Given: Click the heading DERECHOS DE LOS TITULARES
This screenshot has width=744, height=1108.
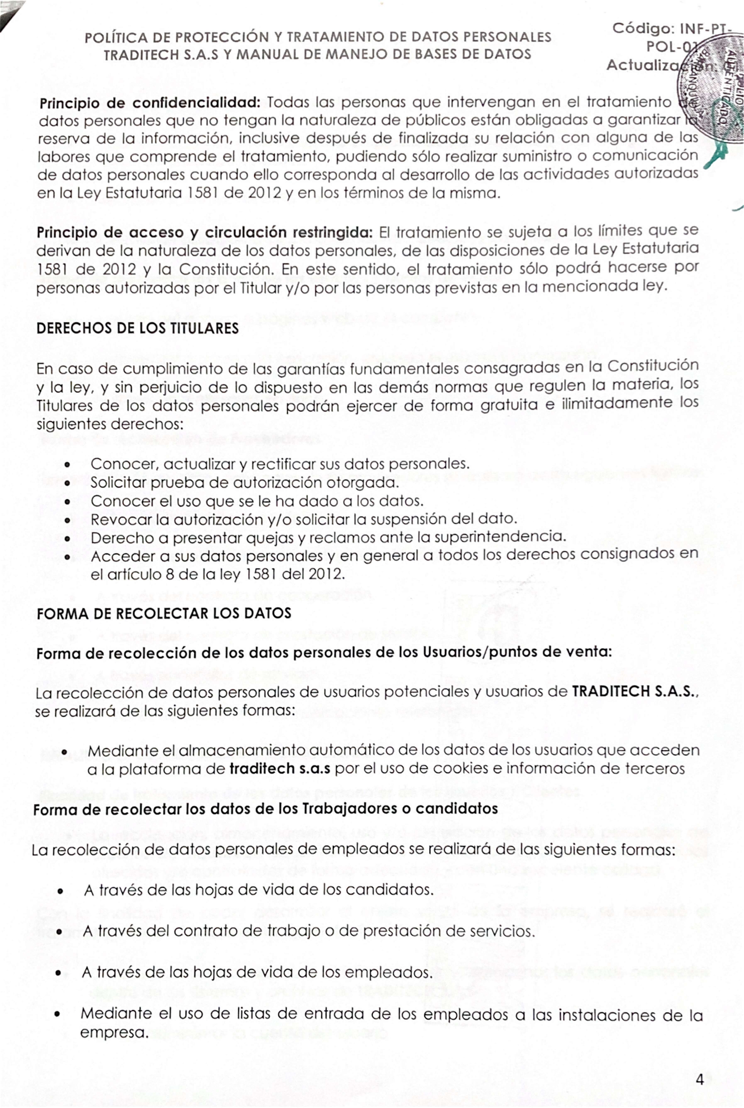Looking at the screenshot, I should (138, 328).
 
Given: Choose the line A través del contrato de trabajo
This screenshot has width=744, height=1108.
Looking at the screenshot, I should (309, 931).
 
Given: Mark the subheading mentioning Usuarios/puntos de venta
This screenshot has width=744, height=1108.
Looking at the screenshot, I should (324, 653).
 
